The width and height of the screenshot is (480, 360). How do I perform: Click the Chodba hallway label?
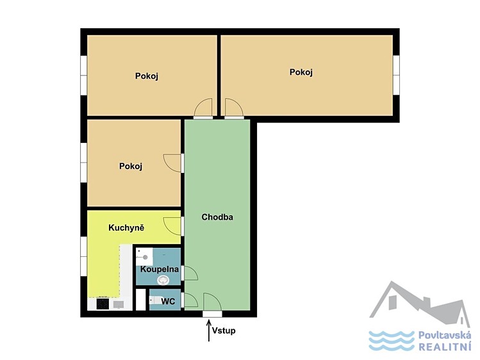(x=217, y=217)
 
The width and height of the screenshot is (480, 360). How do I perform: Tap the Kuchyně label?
(x=126, y=228)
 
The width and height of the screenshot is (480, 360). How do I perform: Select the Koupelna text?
(x=160, y=270)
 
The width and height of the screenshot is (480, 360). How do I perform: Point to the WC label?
(x=168, y=302)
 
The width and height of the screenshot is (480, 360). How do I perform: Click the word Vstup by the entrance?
(x=224, y=331)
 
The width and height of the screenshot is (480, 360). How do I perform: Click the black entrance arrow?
(x=209, y=331)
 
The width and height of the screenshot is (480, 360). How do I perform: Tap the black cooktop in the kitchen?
(x=103, y=304)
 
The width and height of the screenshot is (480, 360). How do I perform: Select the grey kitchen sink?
(x=119, y=304)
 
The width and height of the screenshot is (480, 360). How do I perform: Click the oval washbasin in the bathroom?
(x=163, y=279)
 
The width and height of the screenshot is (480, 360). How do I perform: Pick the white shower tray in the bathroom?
(x=144, y=256)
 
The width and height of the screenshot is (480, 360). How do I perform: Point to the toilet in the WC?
(x=154, y=300)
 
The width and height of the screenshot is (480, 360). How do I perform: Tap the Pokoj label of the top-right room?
(x=301, y=72)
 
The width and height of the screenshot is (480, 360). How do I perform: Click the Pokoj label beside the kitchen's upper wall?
(x=131, y=166)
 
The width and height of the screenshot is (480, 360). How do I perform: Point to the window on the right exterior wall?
(x=397, y=75)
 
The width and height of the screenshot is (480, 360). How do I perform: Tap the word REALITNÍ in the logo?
(x=445, y=347)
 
